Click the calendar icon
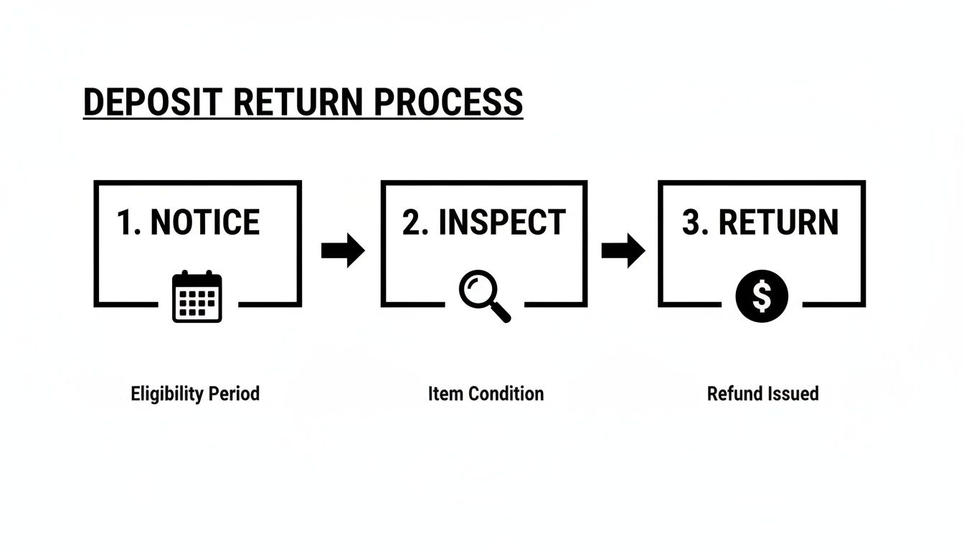pos(197,296)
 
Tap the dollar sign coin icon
pos(762,296)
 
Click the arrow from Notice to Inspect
pos(343,250)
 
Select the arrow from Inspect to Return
pos(623,250)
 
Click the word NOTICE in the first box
pos(205,222)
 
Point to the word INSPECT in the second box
pos(502,222)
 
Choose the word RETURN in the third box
pos(778,222)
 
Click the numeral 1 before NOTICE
pos(126,222)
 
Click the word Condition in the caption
pos(505,394)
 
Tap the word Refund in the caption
pos(732,394)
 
